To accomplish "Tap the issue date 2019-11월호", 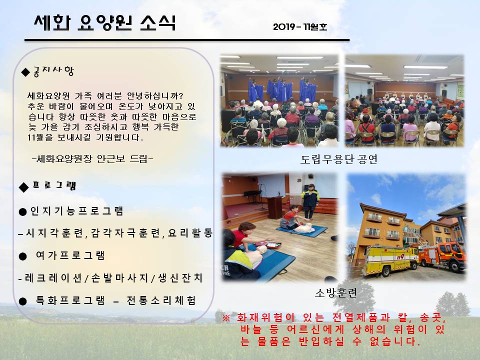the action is click(x=300, y=26).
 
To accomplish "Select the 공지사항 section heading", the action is click(x=53, y=71).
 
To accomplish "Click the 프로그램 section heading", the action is click(x=54, y=185).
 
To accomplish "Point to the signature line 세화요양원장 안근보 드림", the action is click(x=92, y=158).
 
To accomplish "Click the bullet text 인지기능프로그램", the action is click(x=76, y=211).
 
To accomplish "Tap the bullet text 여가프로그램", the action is click(x=70, y=255).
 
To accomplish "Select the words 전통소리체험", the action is click(x=161, y=300).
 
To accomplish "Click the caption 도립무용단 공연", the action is click(x=339, y=159).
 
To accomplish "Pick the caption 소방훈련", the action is click(x=336, y=292).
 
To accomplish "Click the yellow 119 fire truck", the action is click(x=390, y=259).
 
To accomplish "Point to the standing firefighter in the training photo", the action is click(x=310, y=201).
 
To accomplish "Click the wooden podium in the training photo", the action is click(x=274, y=207).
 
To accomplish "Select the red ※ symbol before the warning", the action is click(x=226, y=317).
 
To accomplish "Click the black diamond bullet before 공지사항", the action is click(x=25, y=72).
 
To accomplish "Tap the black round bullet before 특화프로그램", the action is click(x=22, y=301).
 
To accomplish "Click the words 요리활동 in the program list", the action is click(x=190, y=233).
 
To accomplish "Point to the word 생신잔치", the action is click(x=180, y=278).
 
